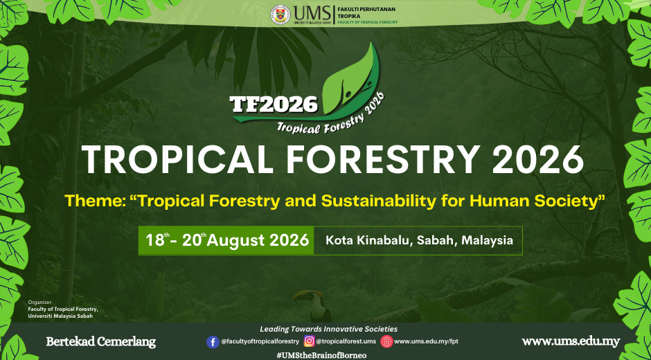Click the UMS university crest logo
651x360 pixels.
(280, 15)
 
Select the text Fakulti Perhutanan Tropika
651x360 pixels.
(366, 12)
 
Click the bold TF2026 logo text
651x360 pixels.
(274, 105)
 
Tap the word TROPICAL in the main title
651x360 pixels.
(177, 160)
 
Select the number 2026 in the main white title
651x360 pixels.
(538, 160)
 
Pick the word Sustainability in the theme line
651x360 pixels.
(378, 201)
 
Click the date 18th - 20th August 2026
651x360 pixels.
(227, 240)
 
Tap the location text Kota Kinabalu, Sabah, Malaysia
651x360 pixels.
(419, 240)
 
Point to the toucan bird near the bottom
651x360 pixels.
(314, 305)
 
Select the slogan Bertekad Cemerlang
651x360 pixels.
(101, 342)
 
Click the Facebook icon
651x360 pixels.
(213, 342)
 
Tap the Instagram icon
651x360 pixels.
(310, 341)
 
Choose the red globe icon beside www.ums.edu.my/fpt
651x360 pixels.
(386, 341)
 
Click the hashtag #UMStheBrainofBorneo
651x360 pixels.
(321, 355)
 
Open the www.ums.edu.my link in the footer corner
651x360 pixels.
(571, 342)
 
